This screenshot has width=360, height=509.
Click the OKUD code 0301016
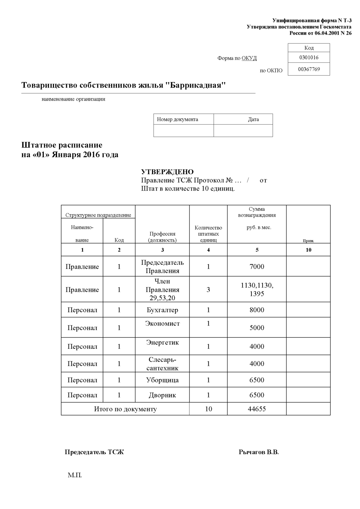(308, 57)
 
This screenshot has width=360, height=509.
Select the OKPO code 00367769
(309, 69)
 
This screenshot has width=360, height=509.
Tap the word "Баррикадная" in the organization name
(196, 85)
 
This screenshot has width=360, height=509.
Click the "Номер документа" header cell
(177, 119)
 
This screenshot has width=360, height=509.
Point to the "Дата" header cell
(253, 119)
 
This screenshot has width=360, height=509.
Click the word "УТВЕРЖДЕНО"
(167, 172)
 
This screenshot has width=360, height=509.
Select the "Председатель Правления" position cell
(162, 266)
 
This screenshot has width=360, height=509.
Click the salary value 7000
(257, 266)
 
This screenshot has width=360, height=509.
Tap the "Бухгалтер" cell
(162, 310)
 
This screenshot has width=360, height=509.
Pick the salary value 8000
(257, 310)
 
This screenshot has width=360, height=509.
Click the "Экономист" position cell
(162, 324)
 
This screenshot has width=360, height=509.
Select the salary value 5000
(257, 327)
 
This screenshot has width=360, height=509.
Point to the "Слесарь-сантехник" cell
(162, 364)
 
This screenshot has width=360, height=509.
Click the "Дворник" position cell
(162, 395)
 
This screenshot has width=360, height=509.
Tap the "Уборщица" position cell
(162, 380)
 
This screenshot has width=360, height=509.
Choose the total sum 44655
(257, 409)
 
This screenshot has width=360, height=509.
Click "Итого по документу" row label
(125, 409)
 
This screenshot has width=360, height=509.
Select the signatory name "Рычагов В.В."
(259, 452)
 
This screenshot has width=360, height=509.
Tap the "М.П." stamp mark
(75, 475)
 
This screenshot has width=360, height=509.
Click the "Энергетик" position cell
(162, 342)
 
